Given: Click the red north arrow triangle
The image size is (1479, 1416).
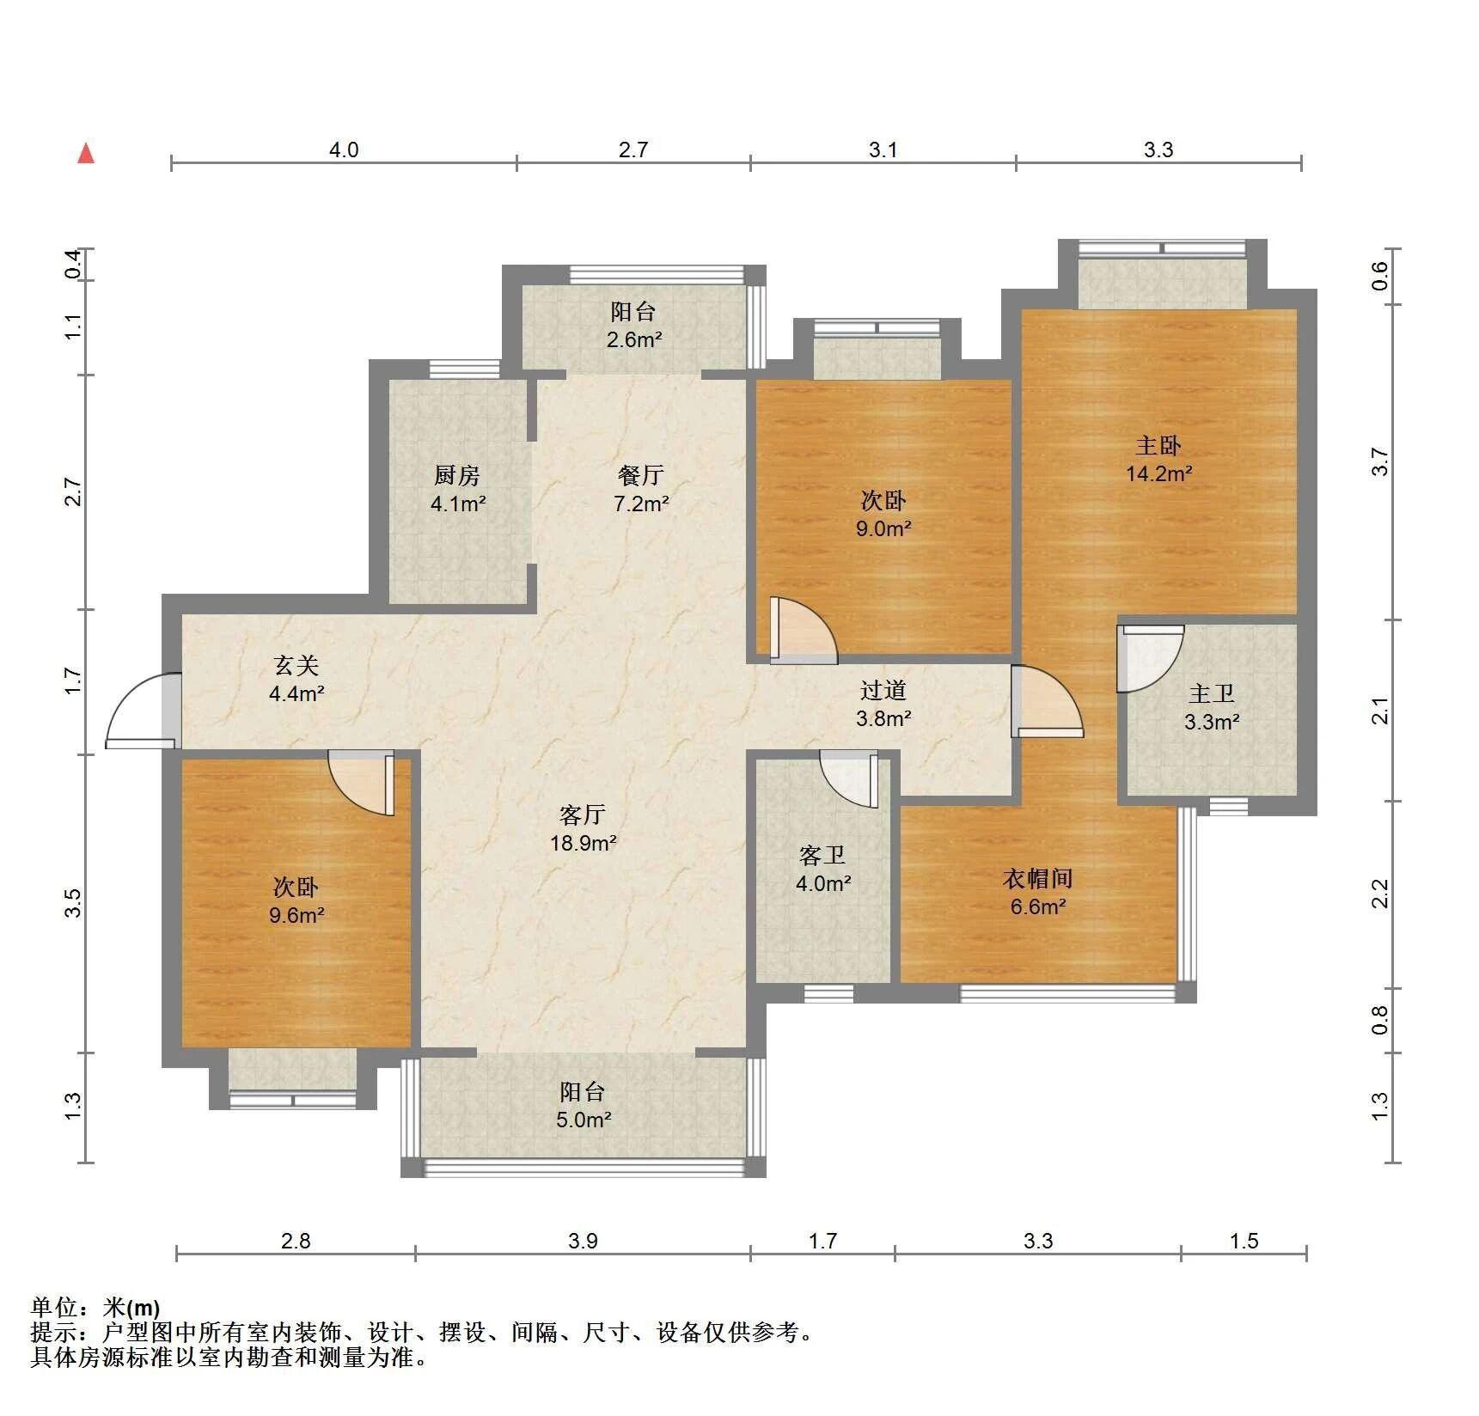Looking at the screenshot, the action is coord(86,154).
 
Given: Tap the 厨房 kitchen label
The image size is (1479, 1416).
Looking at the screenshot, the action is coord(456,475).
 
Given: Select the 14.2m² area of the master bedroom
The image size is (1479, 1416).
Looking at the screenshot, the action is coord(1158,473).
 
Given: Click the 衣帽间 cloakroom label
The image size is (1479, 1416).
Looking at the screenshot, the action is coord(1037,878).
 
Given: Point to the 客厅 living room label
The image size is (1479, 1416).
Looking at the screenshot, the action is coord(583,814).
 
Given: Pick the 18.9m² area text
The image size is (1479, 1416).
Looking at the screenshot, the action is coord(584,843).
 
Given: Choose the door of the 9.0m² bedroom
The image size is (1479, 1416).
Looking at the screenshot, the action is coord(803,630).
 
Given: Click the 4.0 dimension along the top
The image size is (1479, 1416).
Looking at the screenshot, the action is coord(344,150).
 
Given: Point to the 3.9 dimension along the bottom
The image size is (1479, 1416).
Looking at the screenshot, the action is coord(583,1241).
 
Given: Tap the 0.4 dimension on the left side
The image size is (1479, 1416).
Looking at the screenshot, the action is coord(74,264).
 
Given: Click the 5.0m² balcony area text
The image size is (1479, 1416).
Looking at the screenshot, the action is coord(584,1120).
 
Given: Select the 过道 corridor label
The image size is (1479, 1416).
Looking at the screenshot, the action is coord(883,690).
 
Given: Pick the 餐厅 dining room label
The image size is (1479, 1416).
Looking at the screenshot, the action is coord(641,475).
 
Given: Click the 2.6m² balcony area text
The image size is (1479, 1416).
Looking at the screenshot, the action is coord(634,339).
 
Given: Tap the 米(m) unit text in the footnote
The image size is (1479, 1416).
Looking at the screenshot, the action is coord(131,1308).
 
